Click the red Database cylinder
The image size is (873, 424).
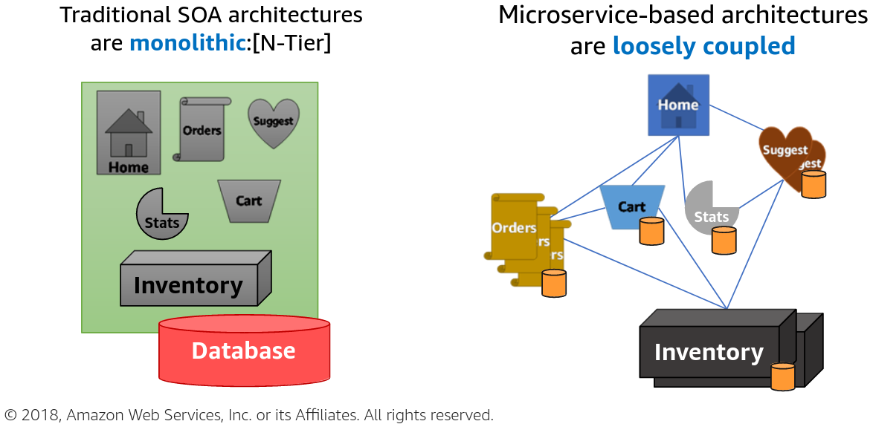(x=244, y=350)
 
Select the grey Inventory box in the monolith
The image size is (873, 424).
(x=189, y=285)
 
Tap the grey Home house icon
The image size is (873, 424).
(x=129, y=132)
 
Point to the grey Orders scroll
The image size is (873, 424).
(x=202, y=129)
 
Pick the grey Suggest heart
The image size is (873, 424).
(x=273, y=123)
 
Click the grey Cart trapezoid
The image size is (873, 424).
(x=249, y=200)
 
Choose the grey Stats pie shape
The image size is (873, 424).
(x=161, y=215)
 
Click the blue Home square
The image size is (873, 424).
(x=678, y=105)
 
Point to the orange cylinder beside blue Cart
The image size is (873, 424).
(x=651, y=232)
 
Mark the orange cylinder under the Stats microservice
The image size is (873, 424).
(x=724, y=241)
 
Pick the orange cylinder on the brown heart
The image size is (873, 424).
(x=814, y=184)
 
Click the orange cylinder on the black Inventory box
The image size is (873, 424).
(x=783, y=377)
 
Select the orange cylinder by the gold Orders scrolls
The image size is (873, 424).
(x=554, y=284)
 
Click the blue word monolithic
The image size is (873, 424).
(x=187, y=43)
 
